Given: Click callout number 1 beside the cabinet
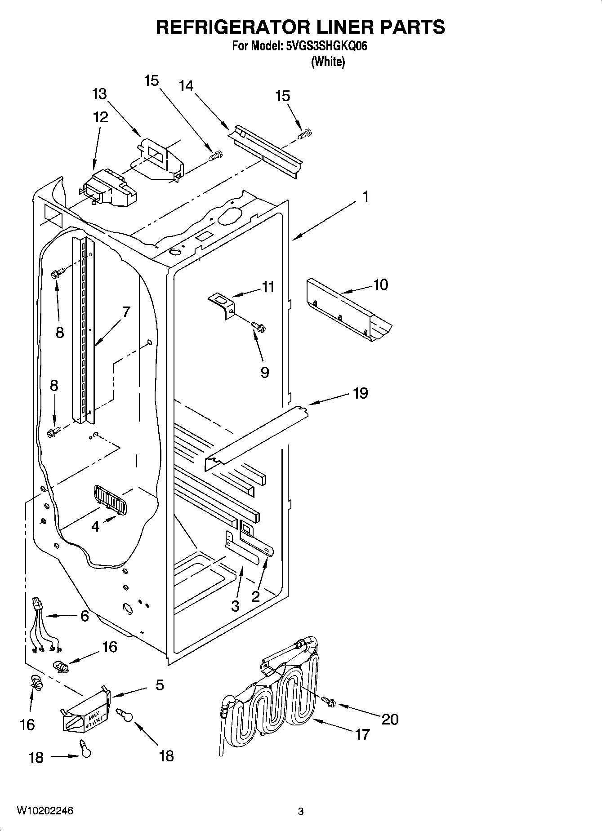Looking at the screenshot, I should [366, 197].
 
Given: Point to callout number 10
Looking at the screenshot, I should [380, 284].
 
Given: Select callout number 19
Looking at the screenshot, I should [361, 393].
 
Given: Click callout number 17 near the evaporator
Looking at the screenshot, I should [362, 734].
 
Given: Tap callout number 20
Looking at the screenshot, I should [390, 719].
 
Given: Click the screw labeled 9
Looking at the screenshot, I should [259, 326].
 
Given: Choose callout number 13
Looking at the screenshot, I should [99, 94].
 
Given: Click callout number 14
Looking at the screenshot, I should [186, 85].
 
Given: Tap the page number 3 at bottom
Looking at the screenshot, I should [300, 811].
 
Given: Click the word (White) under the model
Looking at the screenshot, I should [328, 62].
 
